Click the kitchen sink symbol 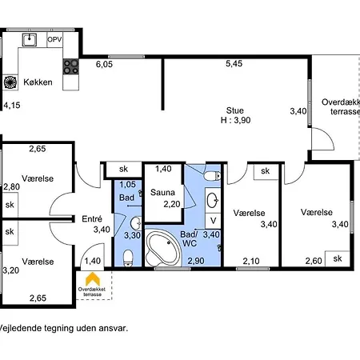click(x=30, y=40)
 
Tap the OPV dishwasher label click(x=54, y=39)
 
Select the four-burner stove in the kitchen click(x=71, y=66)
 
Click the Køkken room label click(x=38, y=82)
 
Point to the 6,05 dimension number click(x=104, y=64)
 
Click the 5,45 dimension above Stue click(x=234, y=63)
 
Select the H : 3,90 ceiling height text click(x=236, y=120)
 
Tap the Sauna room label click(x=162, y=192)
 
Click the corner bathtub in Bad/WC click(x=163, y=249)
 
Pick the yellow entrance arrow click(x=93, y=279)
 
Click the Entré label click(x=92, y=219)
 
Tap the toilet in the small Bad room click(x=128, y=258)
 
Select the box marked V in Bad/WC click(x=213, y=221)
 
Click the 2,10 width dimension click(x=251, y=261)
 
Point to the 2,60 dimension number click(x=314, y=261)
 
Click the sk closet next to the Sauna click(x=123, y=169)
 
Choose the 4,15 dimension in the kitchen click(x=12, y=106)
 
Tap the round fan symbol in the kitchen click(x=10, y=82)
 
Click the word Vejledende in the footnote click(x=20, y=328)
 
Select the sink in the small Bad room click(x=136, y=223)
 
